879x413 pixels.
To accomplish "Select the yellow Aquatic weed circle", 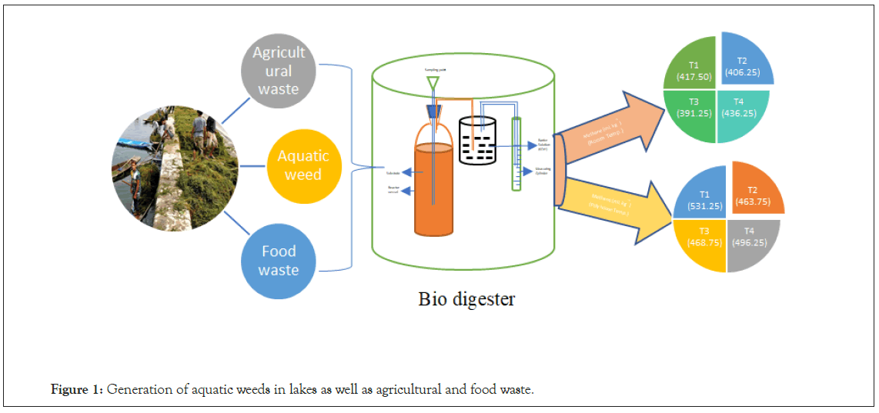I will (303, 165).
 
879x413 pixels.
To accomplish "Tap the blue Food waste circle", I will (278, 259).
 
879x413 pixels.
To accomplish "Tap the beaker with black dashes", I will (478, 141).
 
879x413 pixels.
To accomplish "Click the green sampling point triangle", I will (434, 80).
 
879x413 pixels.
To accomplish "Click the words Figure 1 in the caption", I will (75, 390).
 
